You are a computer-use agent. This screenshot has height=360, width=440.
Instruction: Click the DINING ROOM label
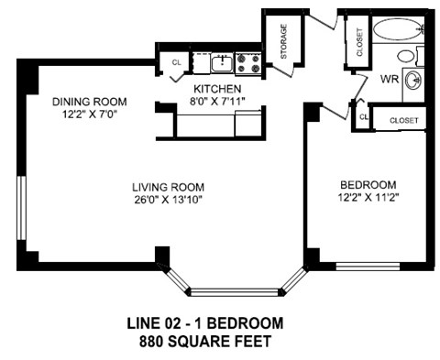tap(89, 101)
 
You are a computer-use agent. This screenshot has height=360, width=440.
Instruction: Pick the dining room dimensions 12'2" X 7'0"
tap(89, 115)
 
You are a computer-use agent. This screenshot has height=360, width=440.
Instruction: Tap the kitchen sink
tap(220, 62)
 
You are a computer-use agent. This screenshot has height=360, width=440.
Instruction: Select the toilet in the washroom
tap(406, 56)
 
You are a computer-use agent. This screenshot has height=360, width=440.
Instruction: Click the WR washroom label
tap(387, 80)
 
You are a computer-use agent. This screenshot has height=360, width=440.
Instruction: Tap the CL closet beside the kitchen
tap(176, 62)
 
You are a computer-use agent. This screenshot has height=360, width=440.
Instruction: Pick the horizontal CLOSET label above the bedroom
tap(403, 120)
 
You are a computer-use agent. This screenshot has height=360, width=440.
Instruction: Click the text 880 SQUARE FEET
tap(203, 342)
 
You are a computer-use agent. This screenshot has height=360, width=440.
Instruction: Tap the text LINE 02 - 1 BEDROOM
tap(203, 324)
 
